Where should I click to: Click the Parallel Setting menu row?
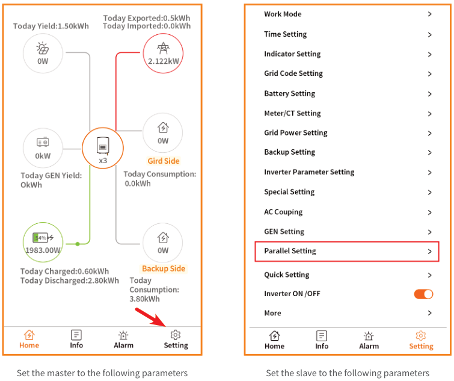coord(347,251)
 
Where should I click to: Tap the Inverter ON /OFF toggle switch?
coord(423,294)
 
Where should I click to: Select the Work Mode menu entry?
coord(347,14)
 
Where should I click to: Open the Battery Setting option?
coord(347,93)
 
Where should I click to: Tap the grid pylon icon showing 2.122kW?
coord(163,53)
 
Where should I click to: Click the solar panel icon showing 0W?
coord(43,53)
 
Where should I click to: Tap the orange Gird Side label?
coord(164,161)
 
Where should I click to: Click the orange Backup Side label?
coord(164,268)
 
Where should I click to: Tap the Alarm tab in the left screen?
coord(123,339)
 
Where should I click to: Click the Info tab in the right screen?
coord(322,340)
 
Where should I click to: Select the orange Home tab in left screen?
coord(29,339)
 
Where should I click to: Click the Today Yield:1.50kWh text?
coord(51,26)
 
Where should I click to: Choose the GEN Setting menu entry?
coord(347,232)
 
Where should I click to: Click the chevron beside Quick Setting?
coord(429,275)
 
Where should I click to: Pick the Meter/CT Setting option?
coord(347,113)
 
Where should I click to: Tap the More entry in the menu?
coord(347,313)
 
